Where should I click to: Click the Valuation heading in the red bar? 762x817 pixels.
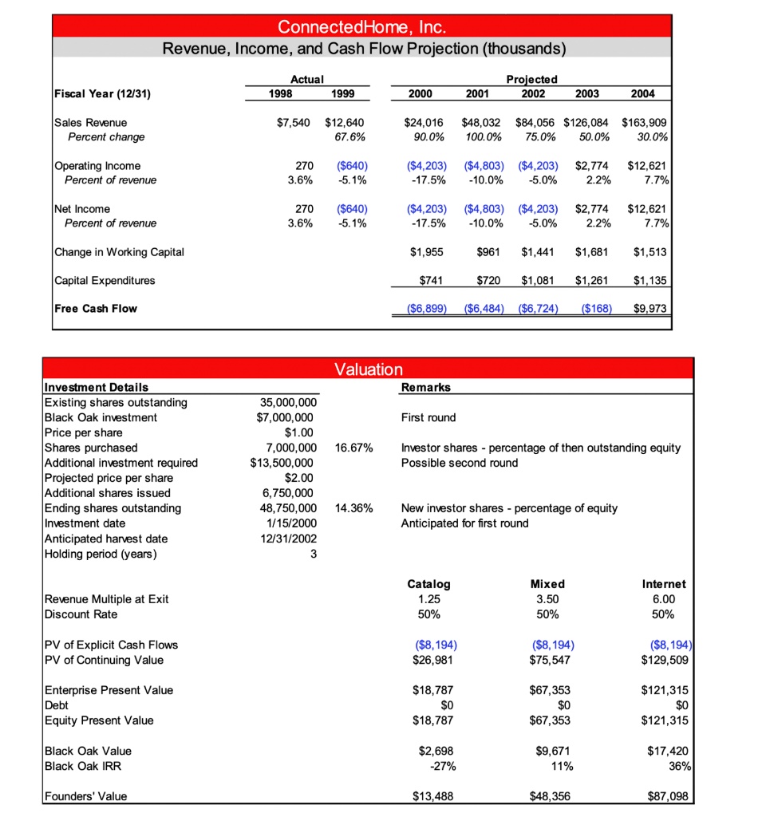click(369, 369)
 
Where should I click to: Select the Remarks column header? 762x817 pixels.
click(425, 387)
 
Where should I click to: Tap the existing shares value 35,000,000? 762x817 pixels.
click(286, 402)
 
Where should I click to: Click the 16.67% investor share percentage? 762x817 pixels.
click(352, 448)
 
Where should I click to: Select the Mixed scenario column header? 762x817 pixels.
click(547, 584)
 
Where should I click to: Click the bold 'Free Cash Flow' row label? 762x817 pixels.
click(95, 309)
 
